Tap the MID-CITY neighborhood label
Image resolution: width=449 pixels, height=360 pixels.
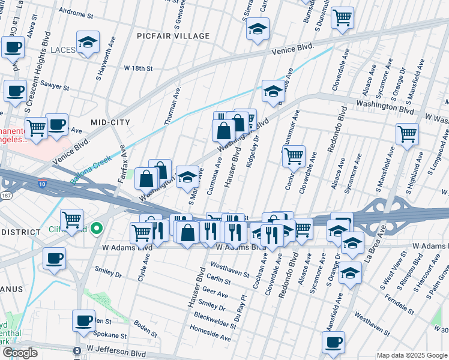pyautogui.click(x=110, y=122)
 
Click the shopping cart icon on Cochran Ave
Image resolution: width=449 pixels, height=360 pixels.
pyautogui.click(x=294, y=156)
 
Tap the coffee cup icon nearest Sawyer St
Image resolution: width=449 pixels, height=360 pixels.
pyautogui.click(x=15, y=91)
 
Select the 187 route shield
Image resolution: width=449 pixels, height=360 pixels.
pyautogui.click(x=6, y=196)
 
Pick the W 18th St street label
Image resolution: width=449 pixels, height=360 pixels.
pyautogui.click(x=139, y=68)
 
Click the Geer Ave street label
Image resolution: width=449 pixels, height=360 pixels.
pyautogui.click(x=214, y=295)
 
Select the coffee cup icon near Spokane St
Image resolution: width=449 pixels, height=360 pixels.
pyautogui.click(x=83, y=320)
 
